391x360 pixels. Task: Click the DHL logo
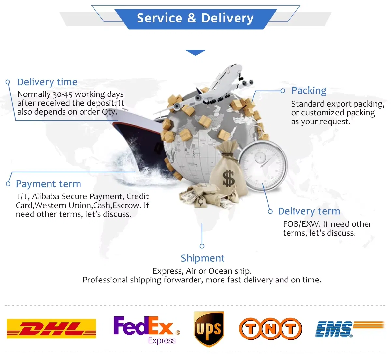click(x=51, y=328)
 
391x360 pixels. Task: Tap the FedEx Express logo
click(x=146, y=329)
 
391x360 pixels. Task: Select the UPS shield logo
click(x=209, y=329)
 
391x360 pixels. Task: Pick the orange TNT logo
click(x=270, y=329)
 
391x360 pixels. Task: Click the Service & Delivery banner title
click(x=195, y=18)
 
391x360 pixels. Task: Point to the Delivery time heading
click(x=47, y=82)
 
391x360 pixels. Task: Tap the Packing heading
click(x=309, y=90)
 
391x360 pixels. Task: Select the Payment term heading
click(x=48, y=184)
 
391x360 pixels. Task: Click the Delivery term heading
click(x=309, y=211)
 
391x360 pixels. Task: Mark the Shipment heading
click(x=203, y=258)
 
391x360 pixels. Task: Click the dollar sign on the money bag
click(x=228, y=179)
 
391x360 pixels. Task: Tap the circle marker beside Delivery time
click(x=8, y=82)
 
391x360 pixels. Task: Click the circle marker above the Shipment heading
click(x=202, y=246)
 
